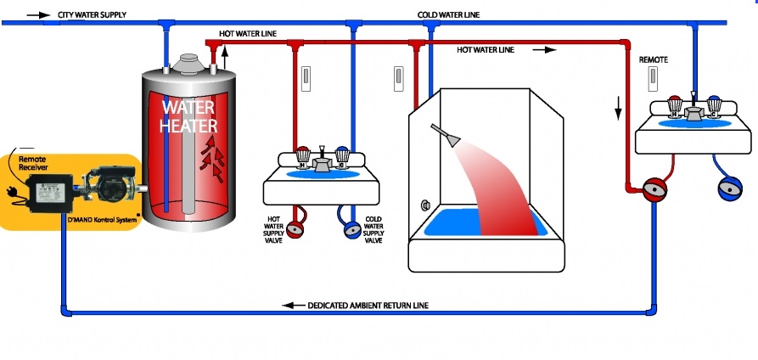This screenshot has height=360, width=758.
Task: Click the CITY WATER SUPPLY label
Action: coord(92,15)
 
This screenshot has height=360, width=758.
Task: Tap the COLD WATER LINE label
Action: coord(448,15)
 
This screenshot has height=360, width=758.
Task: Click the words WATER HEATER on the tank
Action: coord(188,116)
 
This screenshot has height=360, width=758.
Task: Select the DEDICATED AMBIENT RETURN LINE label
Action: coord(368,306)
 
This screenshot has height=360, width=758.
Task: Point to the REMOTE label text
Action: coord(653,60)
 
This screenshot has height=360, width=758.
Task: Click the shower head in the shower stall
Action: coord(446,134)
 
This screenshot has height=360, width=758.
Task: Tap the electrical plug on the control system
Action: coord(11,193)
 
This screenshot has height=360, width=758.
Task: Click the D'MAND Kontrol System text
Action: coord(102,220)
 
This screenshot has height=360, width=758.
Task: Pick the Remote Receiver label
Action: coord(33,163)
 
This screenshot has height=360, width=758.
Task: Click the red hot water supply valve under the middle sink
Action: coord(295,229)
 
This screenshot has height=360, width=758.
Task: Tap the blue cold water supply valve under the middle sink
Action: coord(352,230)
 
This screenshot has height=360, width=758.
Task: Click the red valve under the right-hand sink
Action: coord(654,189)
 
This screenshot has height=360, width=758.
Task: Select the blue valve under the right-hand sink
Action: coord(730,188)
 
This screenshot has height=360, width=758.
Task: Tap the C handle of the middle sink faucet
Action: coord(342,156)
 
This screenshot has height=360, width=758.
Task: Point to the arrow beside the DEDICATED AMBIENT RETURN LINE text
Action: coord(294,306)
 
